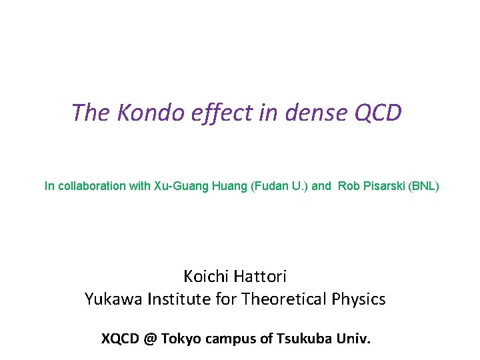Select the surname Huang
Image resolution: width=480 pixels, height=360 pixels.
pos(231,186)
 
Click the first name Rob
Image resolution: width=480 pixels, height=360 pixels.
pos(349,186)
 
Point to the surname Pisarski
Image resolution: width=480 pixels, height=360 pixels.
pos(384,186)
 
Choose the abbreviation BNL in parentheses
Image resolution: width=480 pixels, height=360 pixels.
pos(424,186)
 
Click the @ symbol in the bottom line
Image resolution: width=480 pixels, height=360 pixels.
pos(150,339)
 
